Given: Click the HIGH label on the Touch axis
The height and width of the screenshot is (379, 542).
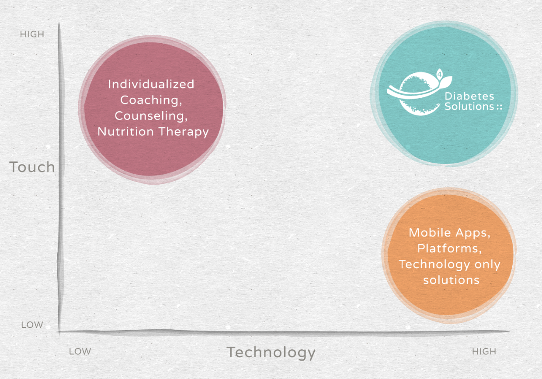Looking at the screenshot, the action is (x=32, y=34).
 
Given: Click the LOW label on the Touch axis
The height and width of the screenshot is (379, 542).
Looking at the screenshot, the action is (x=32, y=324).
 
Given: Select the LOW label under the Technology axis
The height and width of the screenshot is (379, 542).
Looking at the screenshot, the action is (x=80, y=351).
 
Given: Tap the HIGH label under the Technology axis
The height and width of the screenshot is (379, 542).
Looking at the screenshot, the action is (x=484, y=351).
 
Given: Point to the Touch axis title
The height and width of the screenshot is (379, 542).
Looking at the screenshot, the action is (x=32, y=167).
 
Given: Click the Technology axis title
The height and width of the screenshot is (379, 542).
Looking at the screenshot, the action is (x=271, y=353).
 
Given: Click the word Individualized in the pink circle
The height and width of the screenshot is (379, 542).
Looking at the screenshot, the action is (x=151, y=84).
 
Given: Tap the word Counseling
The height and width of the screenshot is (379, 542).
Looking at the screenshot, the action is (x=151, y=116).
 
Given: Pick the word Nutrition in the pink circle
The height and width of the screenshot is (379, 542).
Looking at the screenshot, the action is (x=125, y=131).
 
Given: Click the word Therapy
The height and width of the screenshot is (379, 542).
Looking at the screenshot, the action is (x=184, y=132).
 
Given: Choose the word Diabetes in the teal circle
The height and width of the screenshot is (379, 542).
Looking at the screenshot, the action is (x=469, y=96).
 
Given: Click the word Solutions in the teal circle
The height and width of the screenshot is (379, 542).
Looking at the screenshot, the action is (x=469, y=107).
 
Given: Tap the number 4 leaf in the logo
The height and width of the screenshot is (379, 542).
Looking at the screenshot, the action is (x=439, y=74).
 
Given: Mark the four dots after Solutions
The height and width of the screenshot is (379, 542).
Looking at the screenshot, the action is (x=499, y=107).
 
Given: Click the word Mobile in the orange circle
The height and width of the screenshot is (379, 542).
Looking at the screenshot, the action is (x=430, y=233).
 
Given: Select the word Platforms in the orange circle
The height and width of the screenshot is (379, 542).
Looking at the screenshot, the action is (x=449, y=248).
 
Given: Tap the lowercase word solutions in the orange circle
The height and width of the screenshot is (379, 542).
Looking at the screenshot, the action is (x=451, y=280).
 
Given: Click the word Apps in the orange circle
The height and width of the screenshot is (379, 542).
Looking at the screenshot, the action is (x=473, y=233).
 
